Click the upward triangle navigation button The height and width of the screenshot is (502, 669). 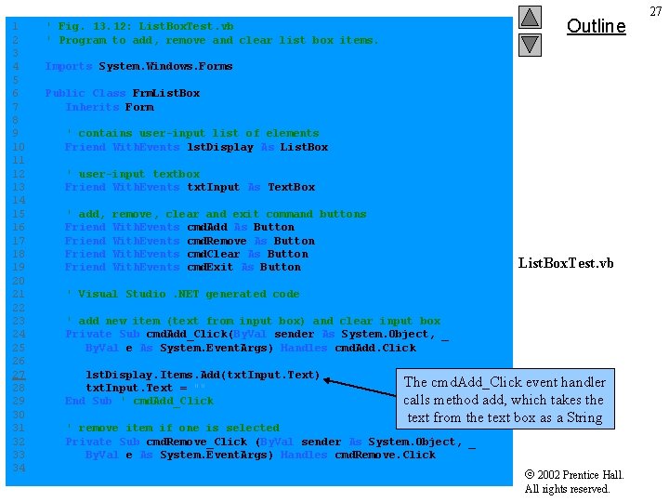[529, 17]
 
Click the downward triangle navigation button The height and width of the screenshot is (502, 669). [529, 44]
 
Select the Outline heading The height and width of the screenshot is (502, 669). [596, 26]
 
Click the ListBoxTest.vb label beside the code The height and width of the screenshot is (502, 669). [566, 263]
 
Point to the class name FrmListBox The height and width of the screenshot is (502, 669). [166, 93]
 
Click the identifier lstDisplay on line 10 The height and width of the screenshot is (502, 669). [220, 147]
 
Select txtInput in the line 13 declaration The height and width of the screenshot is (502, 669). [214, 187]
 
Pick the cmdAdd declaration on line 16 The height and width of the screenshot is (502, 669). [207, 227]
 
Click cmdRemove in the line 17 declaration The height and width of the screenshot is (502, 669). [216, 241]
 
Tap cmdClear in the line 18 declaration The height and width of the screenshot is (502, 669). [214, 254]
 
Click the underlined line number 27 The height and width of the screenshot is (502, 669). [19, 375]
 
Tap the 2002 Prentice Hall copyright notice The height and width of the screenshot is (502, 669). [574, 482]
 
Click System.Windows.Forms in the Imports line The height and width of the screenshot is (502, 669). [166, 66]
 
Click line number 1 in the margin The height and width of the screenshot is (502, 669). [16, 27]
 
